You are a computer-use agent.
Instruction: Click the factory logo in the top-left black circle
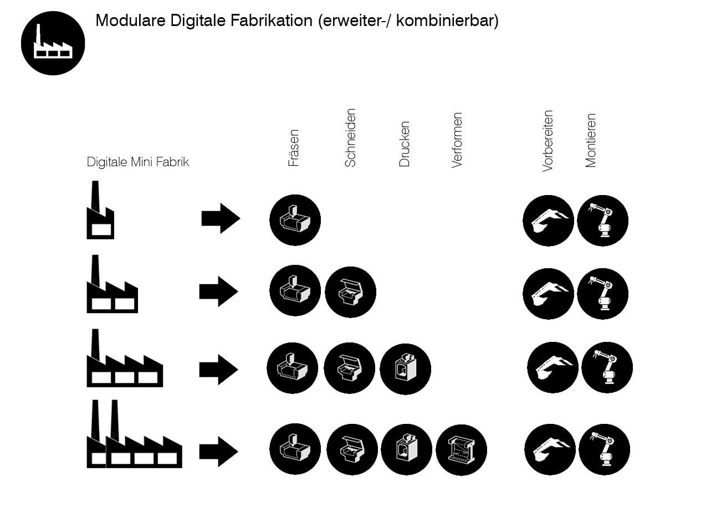tap(53, 43)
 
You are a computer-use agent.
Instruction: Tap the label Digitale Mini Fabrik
tap(138, 162)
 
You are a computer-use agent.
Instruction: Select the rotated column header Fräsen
tap(294, 148)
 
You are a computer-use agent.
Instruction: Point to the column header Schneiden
tap(350, 138)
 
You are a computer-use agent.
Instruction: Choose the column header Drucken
tap(405, 144)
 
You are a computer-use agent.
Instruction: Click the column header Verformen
tap(457, 140)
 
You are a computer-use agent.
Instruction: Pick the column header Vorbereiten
tap(548, 141)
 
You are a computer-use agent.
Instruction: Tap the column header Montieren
tap(591, 140)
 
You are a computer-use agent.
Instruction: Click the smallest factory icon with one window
tap(100, 211)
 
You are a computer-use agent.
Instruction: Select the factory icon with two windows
tap(112, 285)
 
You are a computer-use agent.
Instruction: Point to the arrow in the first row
tap(221, 218)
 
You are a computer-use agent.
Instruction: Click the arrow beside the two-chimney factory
tap(218, 451)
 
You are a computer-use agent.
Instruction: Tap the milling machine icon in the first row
tap(295, 220)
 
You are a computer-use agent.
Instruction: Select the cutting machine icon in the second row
tap(350, 292)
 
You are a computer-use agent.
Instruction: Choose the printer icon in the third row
tap(405, 369)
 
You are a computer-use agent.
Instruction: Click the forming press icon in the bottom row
tap(461, 450)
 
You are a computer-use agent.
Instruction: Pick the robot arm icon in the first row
tap(602, 221)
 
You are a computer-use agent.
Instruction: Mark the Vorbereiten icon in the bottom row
tap(550, 449)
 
